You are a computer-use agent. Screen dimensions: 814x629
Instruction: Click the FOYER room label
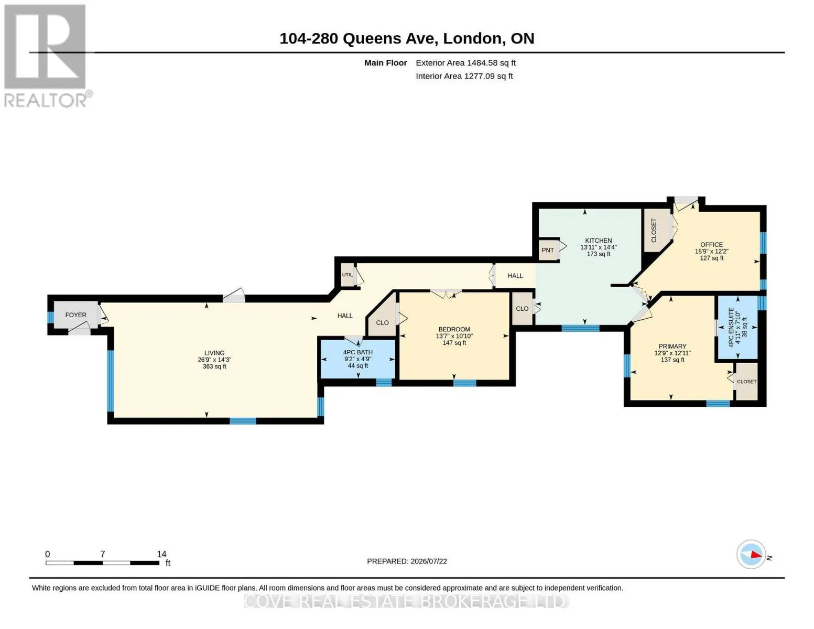(75, 314)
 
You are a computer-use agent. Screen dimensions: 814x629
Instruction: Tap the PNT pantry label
(547, 250)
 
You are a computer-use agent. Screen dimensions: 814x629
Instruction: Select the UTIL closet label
(347, 275)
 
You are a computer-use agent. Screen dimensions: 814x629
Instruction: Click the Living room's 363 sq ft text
(214, 366)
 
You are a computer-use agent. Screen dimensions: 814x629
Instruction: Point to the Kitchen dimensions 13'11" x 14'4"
(598, 247)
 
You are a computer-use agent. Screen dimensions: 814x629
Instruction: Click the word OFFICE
(711, 245)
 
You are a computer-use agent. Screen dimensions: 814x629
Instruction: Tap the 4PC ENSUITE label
(731, 328)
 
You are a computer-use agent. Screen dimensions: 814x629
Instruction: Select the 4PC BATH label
(358, 352)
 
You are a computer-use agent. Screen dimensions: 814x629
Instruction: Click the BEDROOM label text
(454, 329)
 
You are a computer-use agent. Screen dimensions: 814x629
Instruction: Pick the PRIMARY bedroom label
(672, 346)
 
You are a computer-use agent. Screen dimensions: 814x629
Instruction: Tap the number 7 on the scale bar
(103, 554)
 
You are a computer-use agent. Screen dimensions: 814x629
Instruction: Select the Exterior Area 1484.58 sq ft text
(465, 63)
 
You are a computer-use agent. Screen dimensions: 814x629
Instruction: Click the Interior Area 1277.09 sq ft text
(464, 76)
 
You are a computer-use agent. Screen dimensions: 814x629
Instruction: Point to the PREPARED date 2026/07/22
(429, 561)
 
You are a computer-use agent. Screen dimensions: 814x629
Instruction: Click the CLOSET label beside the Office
(654, 231)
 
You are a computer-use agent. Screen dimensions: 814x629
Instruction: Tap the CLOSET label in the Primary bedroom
(746, 382)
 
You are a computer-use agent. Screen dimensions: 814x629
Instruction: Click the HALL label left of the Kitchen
(515, 276)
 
